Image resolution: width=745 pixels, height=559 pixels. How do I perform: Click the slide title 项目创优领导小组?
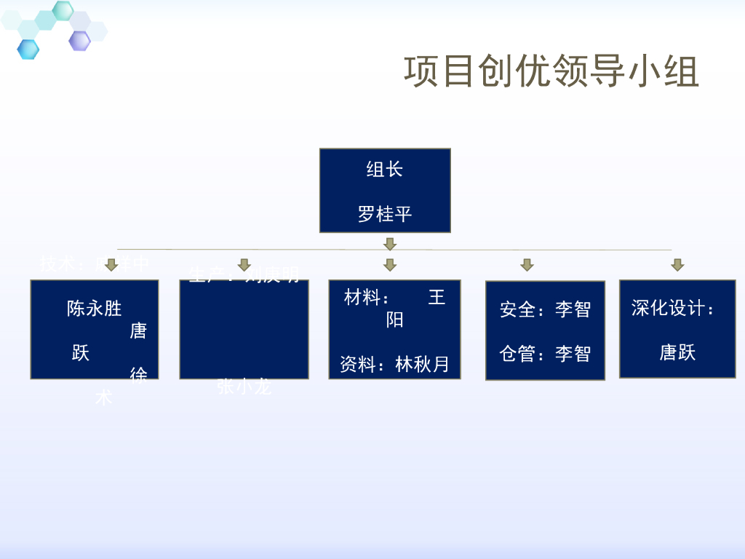click(551, 71)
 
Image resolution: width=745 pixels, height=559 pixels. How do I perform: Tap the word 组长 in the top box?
click(385, 170)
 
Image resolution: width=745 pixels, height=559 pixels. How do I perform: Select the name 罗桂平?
click(385, 215)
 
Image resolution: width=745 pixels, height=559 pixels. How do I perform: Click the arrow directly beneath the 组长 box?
click(390, 244)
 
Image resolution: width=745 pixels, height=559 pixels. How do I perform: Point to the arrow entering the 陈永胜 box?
click(111, 265)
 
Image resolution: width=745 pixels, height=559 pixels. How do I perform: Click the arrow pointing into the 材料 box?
click(390, 265)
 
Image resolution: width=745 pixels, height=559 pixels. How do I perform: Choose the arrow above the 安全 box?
click(527, 265)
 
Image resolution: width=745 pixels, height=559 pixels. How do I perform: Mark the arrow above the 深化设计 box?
click(677, 265)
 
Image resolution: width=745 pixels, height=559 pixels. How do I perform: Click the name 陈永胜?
click(95, 309)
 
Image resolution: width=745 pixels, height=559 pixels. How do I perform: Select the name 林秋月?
click(423, 365)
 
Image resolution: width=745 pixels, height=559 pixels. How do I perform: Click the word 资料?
click(358, 365)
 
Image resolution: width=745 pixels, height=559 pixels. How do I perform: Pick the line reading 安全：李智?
click(545, 309)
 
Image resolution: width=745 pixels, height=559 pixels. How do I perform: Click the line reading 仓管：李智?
click(545, 354)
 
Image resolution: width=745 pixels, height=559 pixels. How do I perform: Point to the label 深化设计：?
click(674, 308)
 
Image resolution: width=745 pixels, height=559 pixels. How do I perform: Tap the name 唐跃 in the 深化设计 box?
click(677, 353)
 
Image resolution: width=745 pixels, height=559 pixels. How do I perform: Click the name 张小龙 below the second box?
click(244, 387)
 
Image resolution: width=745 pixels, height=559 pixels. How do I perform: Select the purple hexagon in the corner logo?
click(79, 41)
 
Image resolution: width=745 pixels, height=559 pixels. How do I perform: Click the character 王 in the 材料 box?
click(437, 298)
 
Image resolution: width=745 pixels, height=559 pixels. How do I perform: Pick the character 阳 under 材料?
click(394, 320)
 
